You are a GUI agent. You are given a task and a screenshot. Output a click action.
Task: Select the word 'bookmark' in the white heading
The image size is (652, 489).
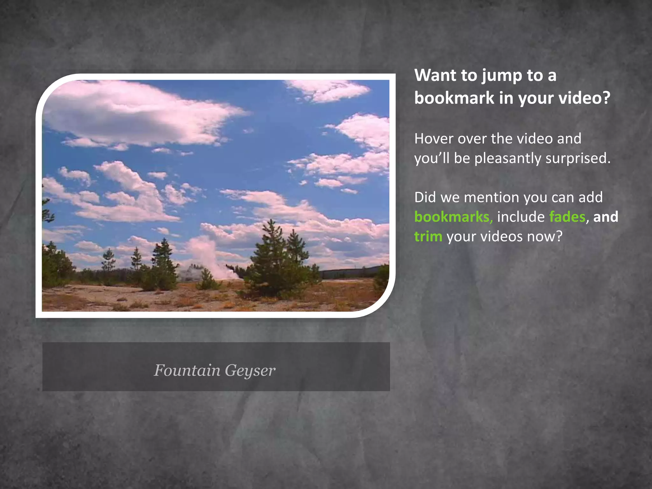[454, 98]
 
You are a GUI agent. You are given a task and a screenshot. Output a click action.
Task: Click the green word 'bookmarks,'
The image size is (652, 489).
[454, 217]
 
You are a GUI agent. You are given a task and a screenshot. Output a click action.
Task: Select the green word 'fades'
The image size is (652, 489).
[567, 217]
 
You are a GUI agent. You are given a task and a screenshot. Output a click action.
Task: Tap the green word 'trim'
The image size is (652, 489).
[428, 237]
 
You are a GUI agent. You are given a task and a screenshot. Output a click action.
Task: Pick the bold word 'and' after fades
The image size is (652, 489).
[606, 217]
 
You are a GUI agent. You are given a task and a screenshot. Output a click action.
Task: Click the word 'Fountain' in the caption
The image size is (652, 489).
[187, 370]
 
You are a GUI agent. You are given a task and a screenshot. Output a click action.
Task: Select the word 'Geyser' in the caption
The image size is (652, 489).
[250, 371]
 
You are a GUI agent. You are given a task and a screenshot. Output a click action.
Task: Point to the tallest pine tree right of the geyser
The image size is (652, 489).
[272, 255]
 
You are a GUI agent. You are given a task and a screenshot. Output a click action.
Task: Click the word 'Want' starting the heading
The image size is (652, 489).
[436, 75]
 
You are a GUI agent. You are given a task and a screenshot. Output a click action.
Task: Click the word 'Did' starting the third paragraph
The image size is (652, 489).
[425, 198]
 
